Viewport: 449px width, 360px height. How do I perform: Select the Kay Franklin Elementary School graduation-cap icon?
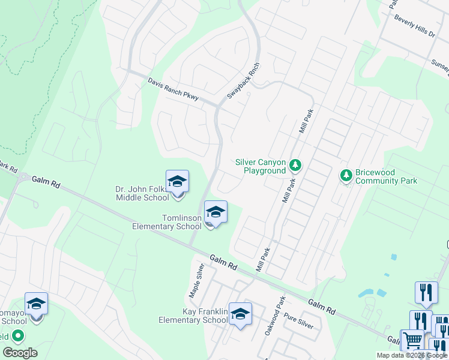pos(240,314)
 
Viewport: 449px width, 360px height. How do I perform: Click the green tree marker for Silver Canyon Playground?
pos(295,164)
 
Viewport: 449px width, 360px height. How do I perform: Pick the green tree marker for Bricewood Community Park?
pos(346,175)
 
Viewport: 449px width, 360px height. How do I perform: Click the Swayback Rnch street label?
pos(243,81)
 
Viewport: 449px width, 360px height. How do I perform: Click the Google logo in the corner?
pos(20,353)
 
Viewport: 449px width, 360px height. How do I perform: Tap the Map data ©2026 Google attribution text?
pos(412,355)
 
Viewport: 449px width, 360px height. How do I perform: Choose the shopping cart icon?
pos(412,340)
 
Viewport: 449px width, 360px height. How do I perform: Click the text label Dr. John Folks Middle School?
pos(142,194)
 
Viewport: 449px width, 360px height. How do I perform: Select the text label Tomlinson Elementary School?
pos(167,222)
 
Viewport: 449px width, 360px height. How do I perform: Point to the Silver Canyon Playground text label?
pos(261,166)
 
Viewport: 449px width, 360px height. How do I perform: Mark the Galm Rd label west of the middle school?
pos(44,180)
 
